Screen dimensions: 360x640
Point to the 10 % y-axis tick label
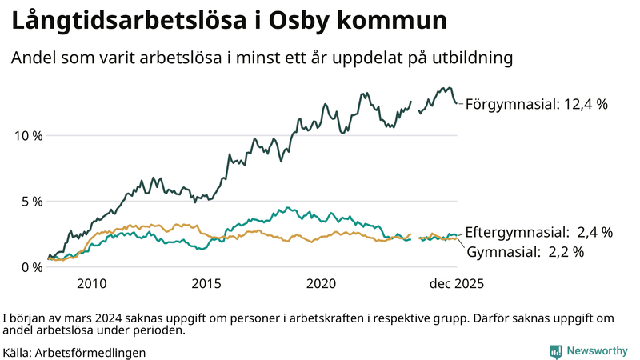29,135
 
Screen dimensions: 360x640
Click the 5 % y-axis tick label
32,201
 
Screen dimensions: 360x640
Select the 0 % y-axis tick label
32,266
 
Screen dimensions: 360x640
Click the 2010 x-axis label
91,284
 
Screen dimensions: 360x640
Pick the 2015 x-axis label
206,284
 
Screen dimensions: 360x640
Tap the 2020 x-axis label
322,284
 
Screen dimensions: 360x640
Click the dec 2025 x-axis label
457,284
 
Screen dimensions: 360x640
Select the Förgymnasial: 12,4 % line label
537,103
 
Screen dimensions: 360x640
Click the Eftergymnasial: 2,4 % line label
539,233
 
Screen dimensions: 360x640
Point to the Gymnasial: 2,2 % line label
525,251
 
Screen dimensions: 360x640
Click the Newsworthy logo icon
555,351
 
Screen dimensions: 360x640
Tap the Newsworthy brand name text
596,351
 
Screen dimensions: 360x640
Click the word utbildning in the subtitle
469,58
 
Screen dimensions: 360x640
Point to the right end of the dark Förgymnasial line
457,102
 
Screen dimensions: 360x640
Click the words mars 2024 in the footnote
88,317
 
